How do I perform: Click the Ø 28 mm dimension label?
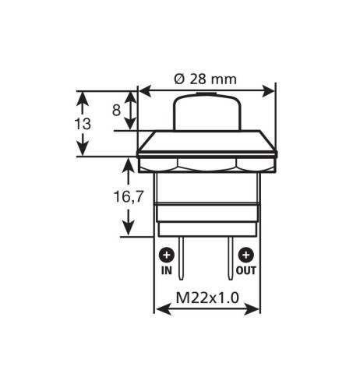(x=206, y=79)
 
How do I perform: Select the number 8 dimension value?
(x=116, y=110)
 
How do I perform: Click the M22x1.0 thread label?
(x=206, y=297)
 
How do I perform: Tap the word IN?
(x=166, y=271)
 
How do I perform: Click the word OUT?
(x=246, y=271)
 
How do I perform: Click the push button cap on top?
(x=206, y=112)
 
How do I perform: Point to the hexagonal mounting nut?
(x=206, y=165)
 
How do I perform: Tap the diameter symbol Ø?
(x=178, y=79)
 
